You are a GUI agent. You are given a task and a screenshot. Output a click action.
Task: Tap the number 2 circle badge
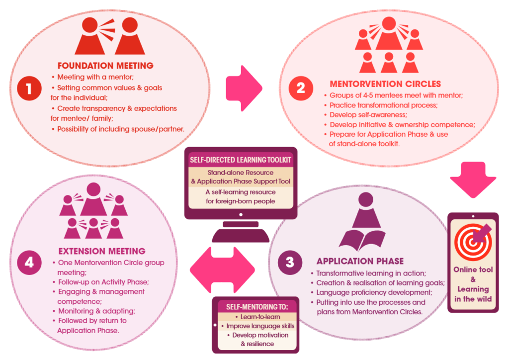click(301, 88)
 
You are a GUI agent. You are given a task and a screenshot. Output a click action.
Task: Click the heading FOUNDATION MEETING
click(105, 66)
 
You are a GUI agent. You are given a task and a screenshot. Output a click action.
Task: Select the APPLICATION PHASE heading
click(360, 261)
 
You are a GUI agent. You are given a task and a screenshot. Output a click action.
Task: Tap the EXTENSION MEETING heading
click(102, 251)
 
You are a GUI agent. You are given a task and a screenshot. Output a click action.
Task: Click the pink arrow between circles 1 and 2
click(244, 87)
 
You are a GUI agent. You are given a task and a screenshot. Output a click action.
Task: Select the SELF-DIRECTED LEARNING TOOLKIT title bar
click(241, 160)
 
